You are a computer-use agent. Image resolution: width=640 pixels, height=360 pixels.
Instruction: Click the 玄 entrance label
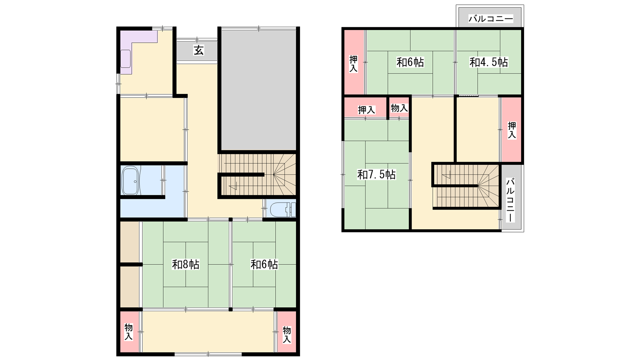[198, 50]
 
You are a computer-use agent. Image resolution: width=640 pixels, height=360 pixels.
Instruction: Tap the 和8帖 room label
[186, 264]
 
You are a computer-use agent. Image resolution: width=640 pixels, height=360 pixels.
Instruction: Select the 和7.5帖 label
[376, 174]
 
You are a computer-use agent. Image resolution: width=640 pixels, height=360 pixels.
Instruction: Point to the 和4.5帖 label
[488, 62]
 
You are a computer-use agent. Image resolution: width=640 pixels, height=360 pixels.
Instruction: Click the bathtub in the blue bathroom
[130, 180]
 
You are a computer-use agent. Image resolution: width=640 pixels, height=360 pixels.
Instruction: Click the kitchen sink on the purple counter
[126, 59]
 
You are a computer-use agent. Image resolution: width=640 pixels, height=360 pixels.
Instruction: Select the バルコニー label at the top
[490, 19]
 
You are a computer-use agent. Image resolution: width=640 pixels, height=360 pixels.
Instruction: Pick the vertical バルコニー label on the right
[510, 200]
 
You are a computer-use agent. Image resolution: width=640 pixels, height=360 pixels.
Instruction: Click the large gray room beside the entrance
[258, 90]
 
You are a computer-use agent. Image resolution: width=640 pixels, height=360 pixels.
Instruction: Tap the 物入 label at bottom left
[129, 332]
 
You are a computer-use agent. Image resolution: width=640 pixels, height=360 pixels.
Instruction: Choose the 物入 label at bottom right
[287, 334]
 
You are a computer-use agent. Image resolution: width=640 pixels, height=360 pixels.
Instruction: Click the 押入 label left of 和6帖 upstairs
[354, 64]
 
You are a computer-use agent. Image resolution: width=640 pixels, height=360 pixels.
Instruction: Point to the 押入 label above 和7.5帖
[366, 110]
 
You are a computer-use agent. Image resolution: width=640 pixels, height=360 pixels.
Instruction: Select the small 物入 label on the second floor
[399, 108]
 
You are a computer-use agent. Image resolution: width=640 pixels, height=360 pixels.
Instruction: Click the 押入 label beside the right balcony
[512, 130]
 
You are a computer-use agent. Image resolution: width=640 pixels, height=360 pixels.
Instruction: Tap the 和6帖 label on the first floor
[264, 264]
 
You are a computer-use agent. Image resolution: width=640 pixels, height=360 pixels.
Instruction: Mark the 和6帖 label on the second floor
[410, 62]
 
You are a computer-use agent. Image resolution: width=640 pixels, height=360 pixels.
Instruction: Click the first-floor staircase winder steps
[284, 174]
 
